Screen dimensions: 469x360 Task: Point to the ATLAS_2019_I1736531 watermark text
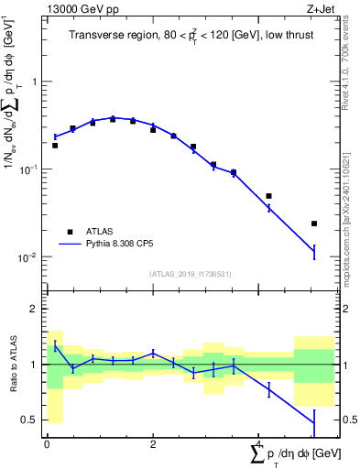pos(191,273)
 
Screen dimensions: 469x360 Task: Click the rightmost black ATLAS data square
pos(314,224)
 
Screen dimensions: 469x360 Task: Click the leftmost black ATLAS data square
pos(55,146)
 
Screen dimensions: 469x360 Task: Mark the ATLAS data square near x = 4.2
pos(268,196)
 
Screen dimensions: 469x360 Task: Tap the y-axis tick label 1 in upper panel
pos(34,82)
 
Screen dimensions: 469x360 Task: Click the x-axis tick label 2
pos(153,443)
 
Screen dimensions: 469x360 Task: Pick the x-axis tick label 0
pos(47,443)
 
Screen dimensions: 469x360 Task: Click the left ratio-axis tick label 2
pos(34,310)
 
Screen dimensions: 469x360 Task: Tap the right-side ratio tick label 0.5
pos(349,420)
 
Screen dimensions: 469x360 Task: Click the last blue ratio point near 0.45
pos(314,423)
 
